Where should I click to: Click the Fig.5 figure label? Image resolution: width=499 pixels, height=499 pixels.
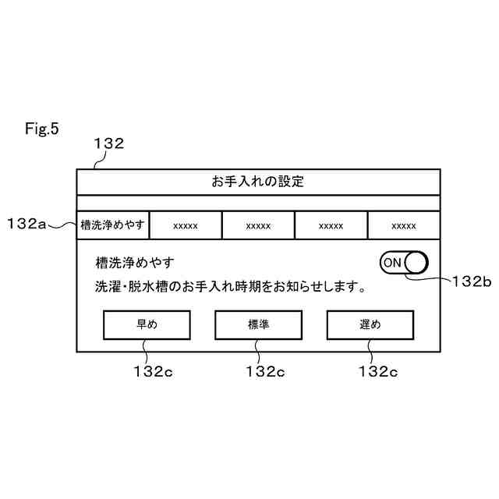point(42,128)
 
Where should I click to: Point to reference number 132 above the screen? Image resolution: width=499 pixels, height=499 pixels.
point(108,143)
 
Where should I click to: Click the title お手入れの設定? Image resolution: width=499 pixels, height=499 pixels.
point(258,182)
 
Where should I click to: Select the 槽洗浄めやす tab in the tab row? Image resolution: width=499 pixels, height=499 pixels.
point(113,225)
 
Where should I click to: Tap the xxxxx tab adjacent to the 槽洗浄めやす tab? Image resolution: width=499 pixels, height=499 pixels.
point(186,225)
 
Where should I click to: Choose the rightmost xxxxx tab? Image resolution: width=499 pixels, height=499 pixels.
point(403,225)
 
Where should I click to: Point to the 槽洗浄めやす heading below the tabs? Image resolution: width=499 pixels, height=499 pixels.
point(135,263)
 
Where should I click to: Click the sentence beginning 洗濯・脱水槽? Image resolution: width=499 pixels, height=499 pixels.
point(231,287)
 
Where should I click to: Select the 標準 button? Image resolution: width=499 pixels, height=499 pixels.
point(258,325)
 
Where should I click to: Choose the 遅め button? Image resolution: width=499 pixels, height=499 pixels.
point(370,325)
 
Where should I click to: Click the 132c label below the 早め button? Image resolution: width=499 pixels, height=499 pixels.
point(153,371)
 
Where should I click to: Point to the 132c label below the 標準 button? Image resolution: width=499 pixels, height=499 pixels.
point(264,371)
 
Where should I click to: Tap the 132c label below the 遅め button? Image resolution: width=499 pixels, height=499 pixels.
point(377,371)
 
